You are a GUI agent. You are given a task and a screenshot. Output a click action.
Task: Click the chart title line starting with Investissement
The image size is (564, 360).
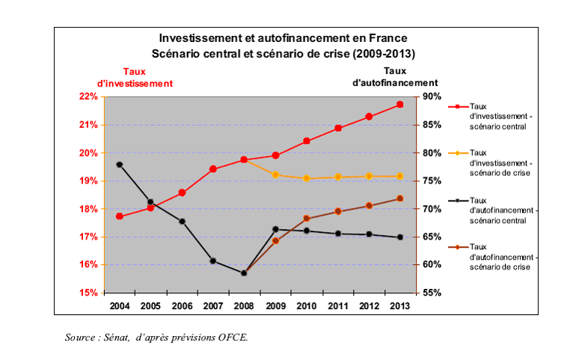point(282,37)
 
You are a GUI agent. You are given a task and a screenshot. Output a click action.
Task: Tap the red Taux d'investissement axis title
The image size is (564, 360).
point(135,77)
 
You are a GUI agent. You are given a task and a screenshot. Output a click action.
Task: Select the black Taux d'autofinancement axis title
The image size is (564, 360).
point(395,77)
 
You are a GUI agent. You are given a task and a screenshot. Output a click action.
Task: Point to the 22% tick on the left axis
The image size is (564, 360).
point(88,97)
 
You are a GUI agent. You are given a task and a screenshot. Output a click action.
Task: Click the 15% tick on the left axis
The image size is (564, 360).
point(88,293)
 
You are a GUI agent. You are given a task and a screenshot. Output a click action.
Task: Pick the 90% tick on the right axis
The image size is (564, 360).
point(433,97)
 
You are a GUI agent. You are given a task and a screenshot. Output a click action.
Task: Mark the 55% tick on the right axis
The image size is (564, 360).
point(433,293)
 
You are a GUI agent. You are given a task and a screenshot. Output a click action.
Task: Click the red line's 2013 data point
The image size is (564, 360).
point(400,104)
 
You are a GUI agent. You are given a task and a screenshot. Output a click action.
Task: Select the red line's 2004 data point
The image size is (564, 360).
point(120,216)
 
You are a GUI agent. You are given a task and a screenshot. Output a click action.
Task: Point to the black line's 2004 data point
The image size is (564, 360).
point(120,164)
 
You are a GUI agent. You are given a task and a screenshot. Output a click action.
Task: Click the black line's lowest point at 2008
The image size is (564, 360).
point(245,273)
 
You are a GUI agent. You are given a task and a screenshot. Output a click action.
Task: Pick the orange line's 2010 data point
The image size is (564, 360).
point(307,178)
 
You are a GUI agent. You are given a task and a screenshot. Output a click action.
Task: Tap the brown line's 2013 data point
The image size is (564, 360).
point(400,198)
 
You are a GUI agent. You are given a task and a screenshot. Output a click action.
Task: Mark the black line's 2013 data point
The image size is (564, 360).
point(400,237)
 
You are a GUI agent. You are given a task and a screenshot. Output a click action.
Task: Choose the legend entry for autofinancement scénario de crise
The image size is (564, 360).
point(500,257)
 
